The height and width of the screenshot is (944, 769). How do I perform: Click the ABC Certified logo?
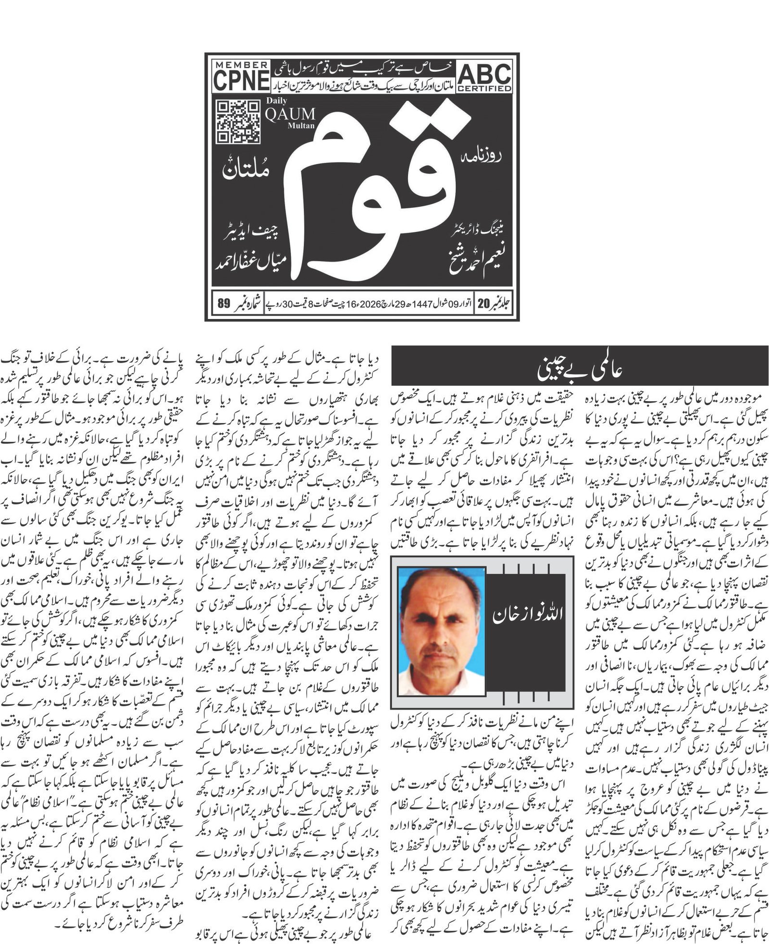(x=484, y=77)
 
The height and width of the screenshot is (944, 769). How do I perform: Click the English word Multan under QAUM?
(x=301, y=126)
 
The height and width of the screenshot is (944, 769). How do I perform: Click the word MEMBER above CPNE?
(x=241, y=65)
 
